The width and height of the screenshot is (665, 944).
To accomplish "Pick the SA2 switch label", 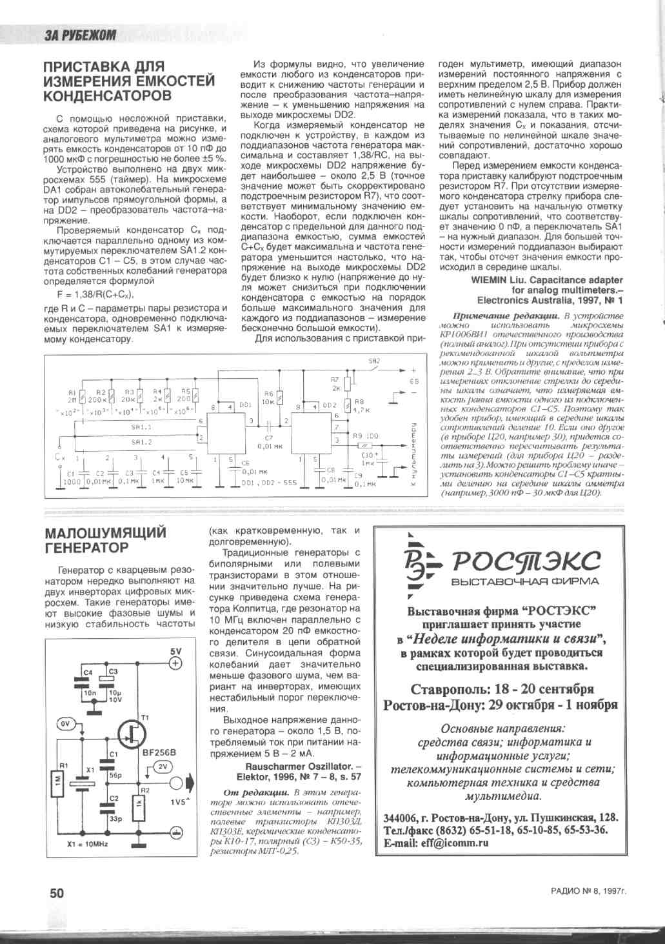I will pos(374,361).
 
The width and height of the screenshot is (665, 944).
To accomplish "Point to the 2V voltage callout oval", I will pos(161,767).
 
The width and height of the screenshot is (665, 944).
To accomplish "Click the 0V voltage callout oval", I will pos(66,724).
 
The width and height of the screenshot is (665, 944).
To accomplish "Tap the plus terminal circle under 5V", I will pos(176,663).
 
